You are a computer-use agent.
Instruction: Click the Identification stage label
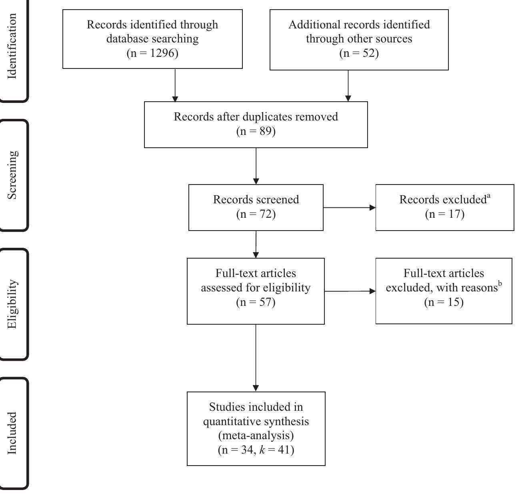coord(12,46)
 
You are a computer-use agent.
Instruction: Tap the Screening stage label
coord(12,175)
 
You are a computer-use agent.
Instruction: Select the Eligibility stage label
coord(12,304)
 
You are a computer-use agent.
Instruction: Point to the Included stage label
coord(12,433)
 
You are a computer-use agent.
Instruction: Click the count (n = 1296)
coord(152,53)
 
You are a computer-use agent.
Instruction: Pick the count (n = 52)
coord(359,53)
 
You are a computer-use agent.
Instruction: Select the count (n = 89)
coord(256,131)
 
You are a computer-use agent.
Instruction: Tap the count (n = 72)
coord(256,214)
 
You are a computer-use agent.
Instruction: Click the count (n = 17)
coord(444,214)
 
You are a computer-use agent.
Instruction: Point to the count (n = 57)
coord(256,302)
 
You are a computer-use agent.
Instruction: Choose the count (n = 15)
coord(444,302)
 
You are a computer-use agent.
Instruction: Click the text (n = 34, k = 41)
coord(256,450)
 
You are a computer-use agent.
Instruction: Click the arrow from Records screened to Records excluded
coord(349,208)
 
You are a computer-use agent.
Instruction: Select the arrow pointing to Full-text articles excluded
coord(350,291)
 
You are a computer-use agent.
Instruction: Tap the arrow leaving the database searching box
coord(175,85)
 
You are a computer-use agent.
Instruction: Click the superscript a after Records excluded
coord(488,196)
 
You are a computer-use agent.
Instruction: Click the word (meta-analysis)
coord(256,436)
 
